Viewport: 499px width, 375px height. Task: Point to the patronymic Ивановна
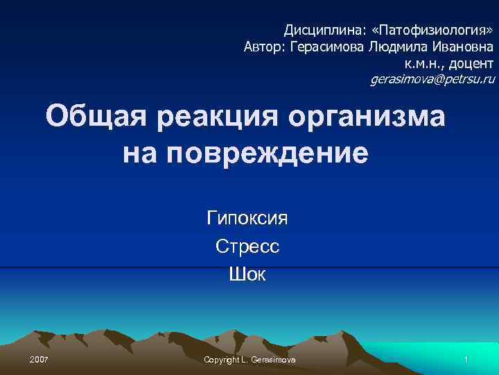click(x=463, y=47)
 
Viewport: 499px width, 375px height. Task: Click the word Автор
click(x=264, y=47)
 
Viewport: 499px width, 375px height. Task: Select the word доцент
click(x=469, y=64)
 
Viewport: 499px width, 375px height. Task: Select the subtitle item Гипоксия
click(x=247, y=219)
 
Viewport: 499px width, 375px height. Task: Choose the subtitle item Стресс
click(x=247, y=247)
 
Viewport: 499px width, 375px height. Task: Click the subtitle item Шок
click(x=247, y=275)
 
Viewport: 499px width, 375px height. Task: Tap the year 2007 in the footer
click(x=39, y=358)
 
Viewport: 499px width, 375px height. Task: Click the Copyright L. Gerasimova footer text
click(x=249, y=358)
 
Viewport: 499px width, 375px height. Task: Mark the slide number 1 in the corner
click(x=467, y=358)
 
